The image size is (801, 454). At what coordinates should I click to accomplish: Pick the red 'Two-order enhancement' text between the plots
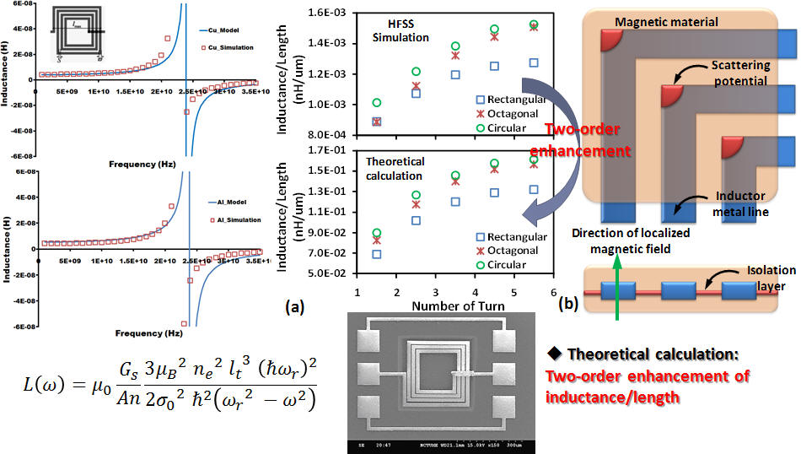pos(587,139)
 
